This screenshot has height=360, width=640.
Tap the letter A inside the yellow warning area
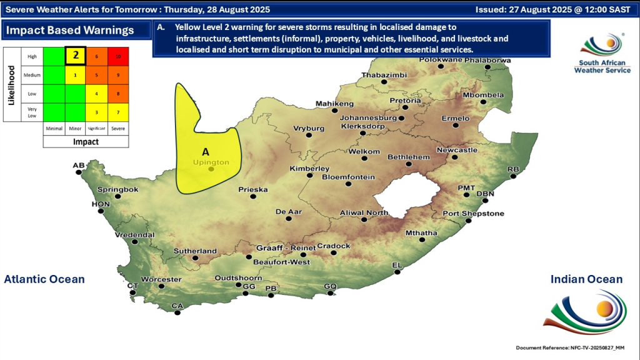pyautogui.click(x=206, y=151)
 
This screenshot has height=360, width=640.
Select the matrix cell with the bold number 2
pyautogui.click(x=76, y=55)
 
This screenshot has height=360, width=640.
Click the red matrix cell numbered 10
pyautogui.click(x=118, y=56)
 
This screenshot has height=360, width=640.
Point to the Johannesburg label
pyautogui.click(x=368, y=117)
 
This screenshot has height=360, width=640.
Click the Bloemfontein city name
pyautogui.click(x=348, y=177)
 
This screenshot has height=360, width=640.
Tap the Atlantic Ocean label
pyautogui.click(x=44, y=279)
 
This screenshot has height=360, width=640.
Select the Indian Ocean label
pyautogui.click(x=586, y=279)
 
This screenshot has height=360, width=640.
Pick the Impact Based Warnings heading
pyautogui.click(x=70, y=30)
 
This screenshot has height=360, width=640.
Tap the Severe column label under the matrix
pyautogui.click(x=118, y=129)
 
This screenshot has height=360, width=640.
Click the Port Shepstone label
pyautogui.click(x=473, y=214)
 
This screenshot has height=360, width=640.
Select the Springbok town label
pyautogui.click(x=117, y=189)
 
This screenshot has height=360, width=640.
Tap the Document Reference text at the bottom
pyautogui.click(x=570, y=347)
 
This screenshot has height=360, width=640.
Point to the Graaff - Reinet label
pyautogui.click(x=286, y=248)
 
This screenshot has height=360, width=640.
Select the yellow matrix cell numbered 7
pyautogui.click(x=118, y=112)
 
